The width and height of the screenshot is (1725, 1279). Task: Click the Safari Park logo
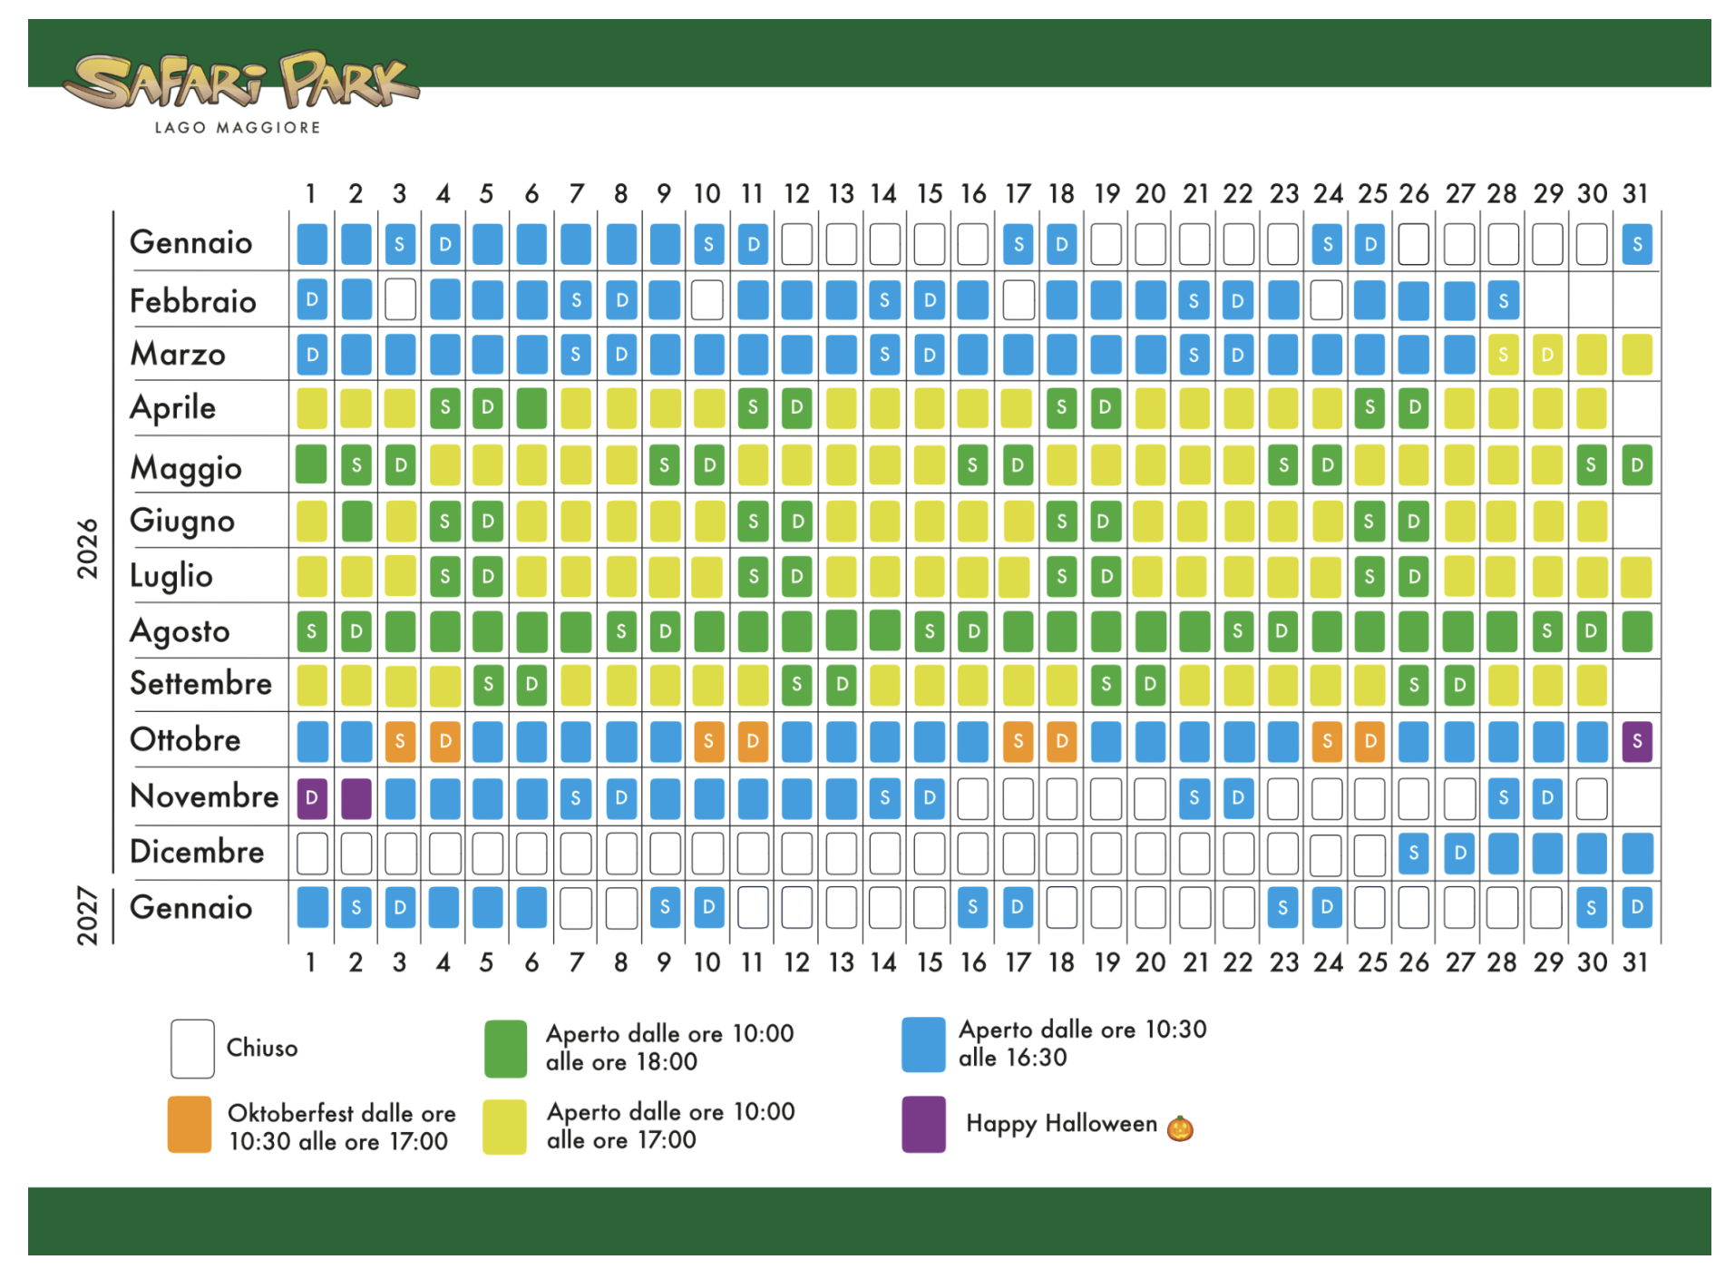click(x=240, y=91)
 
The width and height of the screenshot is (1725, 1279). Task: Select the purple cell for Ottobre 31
click(x=1636, y=741)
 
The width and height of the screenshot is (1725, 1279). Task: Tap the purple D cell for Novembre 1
click(x=311, y=797)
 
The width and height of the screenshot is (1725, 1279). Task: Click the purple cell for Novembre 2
click(x=356, y=797)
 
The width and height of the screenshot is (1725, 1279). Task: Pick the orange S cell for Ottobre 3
click(x=399, y=741)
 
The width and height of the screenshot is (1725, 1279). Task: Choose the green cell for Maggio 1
click(x=311, y=464)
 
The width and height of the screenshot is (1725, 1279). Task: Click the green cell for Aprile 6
click(x=531, y=407)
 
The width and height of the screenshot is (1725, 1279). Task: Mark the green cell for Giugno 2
click(x=356, y=521)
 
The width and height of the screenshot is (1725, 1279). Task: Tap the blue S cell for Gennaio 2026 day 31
click(x=1636, y=244)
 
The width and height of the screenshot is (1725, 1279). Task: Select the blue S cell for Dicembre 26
click(x=1414, y=853)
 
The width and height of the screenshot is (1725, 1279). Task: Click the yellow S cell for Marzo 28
click(x=1503, y=354)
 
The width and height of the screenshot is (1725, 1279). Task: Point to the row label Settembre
click(x=200, y=683)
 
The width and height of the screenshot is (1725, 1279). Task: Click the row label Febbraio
click(x=192, y=300)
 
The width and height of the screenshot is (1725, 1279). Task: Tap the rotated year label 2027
click(x=87, y=915)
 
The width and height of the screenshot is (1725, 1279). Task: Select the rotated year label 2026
click(x=87, y=549)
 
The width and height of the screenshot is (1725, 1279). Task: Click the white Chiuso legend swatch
click(x=192, y=1048)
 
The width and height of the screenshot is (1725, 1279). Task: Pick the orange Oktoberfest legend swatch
click(x=190, y=1125)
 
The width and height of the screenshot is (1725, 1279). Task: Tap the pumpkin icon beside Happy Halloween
click(x=1180, y=1128)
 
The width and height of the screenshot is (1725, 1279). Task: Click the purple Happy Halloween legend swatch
click(x=923, y=1125)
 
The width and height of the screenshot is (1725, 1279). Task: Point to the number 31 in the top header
click(x=1635, y=193)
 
